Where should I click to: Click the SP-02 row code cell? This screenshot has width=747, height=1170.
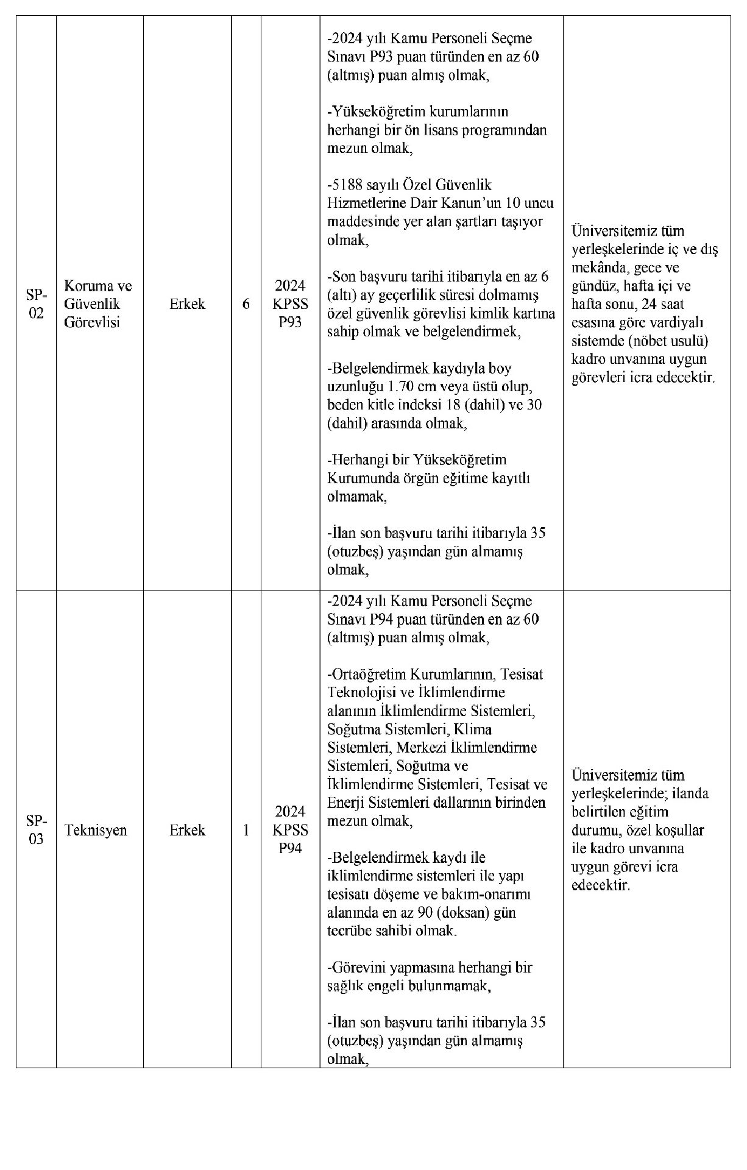(x=36, y=304)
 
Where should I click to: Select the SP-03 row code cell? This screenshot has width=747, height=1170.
(x=36, y=829)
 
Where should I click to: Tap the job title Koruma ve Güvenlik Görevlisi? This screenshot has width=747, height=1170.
(x=97, y=304)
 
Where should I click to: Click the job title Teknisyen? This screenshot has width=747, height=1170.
(x=96, y=830)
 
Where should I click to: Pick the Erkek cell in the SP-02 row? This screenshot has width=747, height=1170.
(x=187, y=304)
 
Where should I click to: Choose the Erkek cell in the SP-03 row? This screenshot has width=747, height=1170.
(x=187, y=830)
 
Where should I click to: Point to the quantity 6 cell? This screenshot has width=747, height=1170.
(x=246, y=304)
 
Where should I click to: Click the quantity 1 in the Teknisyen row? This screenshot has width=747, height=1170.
(x=246, y=830)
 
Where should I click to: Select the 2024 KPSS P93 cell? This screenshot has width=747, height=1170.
(x=290, y=304)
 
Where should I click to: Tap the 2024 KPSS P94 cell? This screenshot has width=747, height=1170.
(x=290, y=829)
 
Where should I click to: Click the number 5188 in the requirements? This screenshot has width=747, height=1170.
(x=347, y=185)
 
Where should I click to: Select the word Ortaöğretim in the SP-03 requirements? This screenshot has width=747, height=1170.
(x=368, y=675)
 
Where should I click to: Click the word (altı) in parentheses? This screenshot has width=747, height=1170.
(x=343, y=295)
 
